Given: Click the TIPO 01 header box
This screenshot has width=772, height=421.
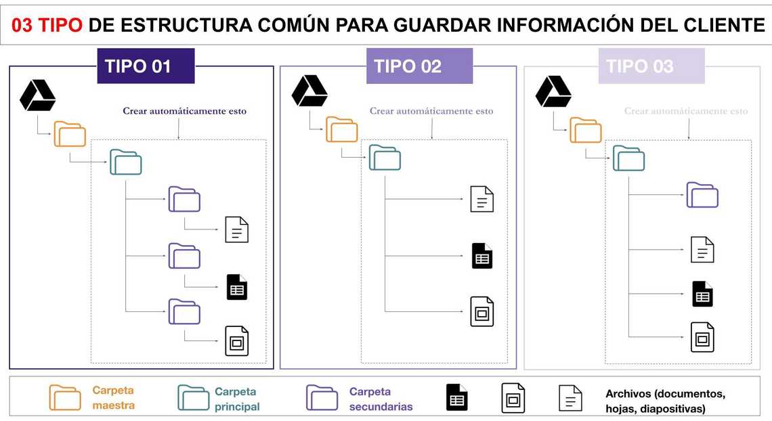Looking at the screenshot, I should pos(146,66).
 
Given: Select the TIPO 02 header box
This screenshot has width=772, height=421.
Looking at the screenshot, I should pos(419,66).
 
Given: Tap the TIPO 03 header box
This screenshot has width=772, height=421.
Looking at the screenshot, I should pos(651,66).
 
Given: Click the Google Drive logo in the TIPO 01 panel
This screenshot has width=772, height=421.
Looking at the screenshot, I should pos(37,95).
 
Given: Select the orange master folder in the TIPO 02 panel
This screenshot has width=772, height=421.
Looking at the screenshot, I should pos(342,129).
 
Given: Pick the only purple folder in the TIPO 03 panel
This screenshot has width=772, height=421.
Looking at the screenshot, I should pos(702,195).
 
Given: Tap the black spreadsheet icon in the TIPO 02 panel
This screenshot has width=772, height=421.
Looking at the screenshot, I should pos(481,256).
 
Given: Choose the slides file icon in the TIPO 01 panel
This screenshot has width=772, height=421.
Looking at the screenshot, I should pos(236,341).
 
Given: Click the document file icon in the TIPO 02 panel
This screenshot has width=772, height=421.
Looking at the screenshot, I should pos(481,199).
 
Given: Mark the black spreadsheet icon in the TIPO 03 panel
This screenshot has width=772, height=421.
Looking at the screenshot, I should pos(702,294).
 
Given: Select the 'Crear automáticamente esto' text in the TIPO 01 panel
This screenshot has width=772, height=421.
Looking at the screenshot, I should pos(184,111).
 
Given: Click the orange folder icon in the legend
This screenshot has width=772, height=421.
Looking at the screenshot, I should pos(65,397).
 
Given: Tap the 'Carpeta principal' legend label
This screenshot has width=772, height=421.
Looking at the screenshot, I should pos(237,399).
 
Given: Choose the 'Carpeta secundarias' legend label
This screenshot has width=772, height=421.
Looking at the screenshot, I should pos(381,399).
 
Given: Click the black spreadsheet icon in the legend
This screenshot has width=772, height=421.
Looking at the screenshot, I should pos(457,398).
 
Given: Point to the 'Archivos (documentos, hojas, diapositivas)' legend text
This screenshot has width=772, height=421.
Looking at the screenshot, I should pos(665,401).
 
